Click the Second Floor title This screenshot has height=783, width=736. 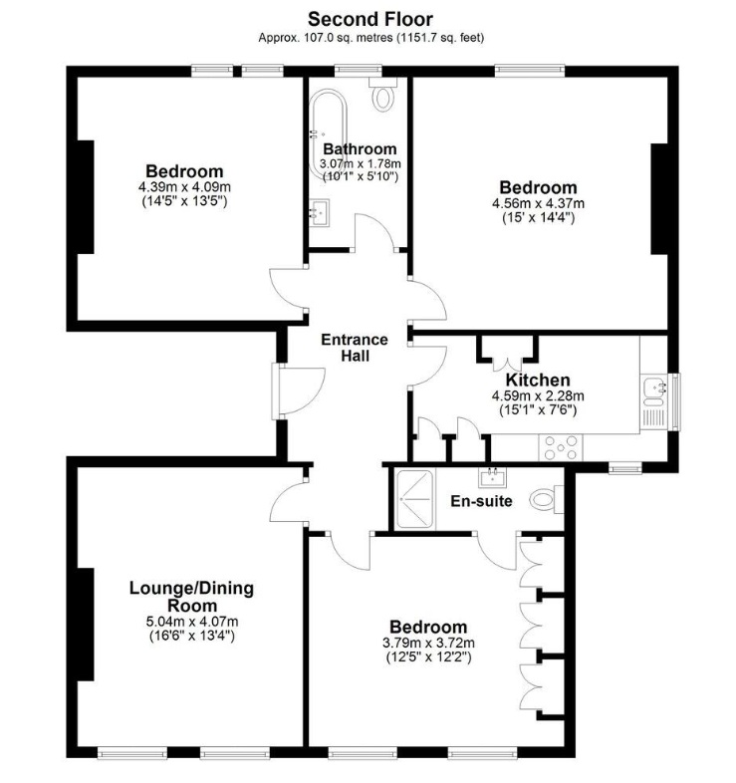(370, 20)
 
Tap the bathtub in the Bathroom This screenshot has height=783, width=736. (328, 134)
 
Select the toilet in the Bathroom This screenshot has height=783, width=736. (383, 95)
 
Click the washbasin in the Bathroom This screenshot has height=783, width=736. (319, 213)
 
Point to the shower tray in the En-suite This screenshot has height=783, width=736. (414, 499)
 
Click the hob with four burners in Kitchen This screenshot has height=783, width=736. (561, 447)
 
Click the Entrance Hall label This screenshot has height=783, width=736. (355, 348)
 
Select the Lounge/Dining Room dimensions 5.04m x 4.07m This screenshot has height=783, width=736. (192, 622)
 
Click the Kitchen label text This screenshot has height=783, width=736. (538, 380)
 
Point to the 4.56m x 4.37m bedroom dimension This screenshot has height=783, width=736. (538, 204)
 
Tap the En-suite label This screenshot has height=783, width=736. (481, 501)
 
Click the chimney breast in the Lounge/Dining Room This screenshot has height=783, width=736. (86, 625)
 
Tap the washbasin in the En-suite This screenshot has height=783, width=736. (492, 477)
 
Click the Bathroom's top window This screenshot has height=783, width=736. (358, 71)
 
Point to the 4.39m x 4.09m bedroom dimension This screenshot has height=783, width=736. (185, 187)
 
